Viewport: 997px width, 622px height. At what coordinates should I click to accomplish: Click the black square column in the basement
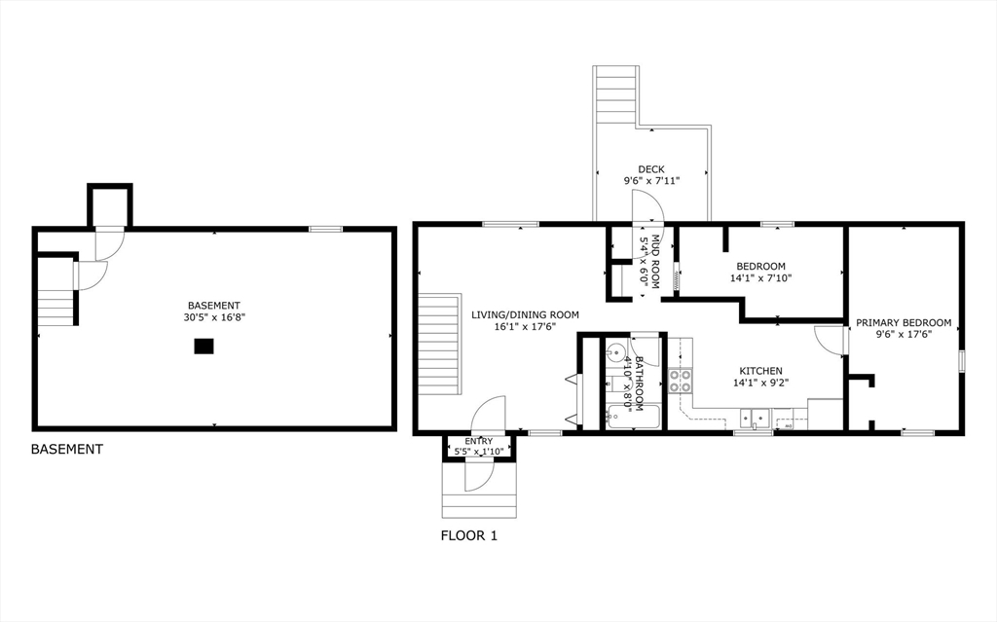pyautogui.click(x=203, y=346)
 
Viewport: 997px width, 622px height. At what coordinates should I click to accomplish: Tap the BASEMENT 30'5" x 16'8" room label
pyautogui.click(x=214, y=311)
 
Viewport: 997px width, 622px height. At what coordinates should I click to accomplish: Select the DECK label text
pyautogui.click(x=651, y=169)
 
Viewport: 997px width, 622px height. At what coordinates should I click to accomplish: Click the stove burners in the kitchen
pyautogui.click(x=681, y=381)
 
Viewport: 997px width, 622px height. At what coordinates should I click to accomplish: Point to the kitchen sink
pyautogui.click(x=755, y=419)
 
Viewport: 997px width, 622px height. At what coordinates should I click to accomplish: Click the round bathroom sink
pyautogui.click(x=615, y=351)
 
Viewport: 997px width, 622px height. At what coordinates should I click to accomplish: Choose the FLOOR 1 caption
pyautogui.click(x=469, y=535)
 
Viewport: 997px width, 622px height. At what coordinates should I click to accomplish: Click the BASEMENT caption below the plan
pyautogui.click(x=67, y=449)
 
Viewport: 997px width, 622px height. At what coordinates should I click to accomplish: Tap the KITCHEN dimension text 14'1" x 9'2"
pyautogui.click(x=760, y=383)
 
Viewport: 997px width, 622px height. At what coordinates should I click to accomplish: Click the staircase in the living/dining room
pyautogui.click(x=440, y=344)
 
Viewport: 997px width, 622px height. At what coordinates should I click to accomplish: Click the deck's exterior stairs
pyautogui.click(x=616, y=94)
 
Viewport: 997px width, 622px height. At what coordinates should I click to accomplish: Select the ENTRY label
pyautogui.click(x=478, y=441)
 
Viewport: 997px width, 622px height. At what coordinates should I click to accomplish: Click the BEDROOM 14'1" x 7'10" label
pyautogui.click(x=760, y=272)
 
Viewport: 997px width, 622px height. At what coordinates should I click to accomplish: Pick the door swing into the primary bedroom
pyautogui.click(x=831, y=341)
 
